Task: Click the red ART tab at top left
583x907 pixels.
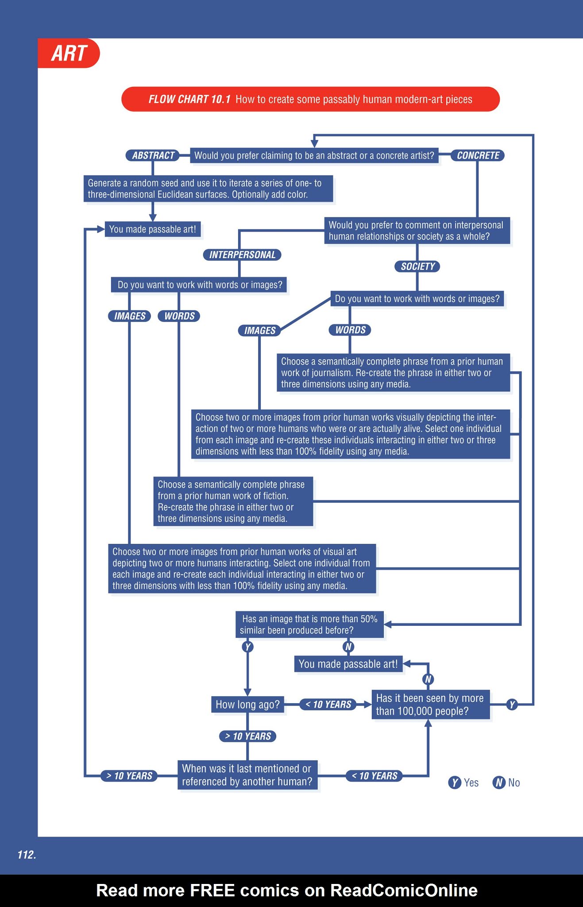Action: tap(69, 53)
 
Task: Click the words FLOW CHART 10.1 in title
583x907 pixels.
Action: tap(189, 99)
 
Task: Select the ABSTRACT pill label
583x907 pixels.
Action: tap(153, 155)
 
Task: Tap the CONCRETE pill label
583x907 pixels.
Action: tap(478, 155)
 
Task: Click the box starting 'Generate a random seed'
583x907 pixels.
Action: tap(208, 189)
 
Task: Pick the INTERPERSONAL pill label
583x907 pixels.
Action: tap(242, 255)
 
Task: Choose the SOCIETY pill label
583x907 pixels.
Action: tap(417, 267)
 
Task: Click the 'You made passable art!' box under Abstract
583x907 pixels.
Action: tap(153, 229)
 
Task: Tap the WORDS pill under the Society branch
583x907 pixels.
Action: tap(350, 330)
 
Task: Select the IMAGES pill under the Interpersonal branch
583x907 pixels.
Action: tap(130, 316)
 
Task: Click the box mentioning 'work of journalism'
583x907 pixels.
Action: tap(393, 373)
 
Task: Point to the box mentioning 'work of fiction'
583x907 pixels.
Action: tap(233, 501)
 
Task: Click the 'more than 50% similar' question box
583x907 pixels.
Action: tap(309, 624)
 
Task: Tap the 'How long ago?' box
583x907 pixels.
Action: tap(247, 705)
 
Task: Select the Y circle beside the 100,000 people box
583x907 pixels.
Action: tap(512, 705)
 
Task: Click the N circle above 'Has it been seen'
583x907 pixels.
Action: tap(428, 679)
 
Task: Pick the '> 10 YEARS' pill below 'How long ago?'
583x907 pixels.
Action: tap(248, 736)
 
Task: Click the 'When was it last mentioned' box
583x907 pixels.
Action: tap(247, 775)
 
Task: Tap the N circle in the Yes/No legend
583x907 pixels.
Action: tap(499, 783)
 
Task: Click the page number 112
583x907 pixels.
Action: tap(27, 855)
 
